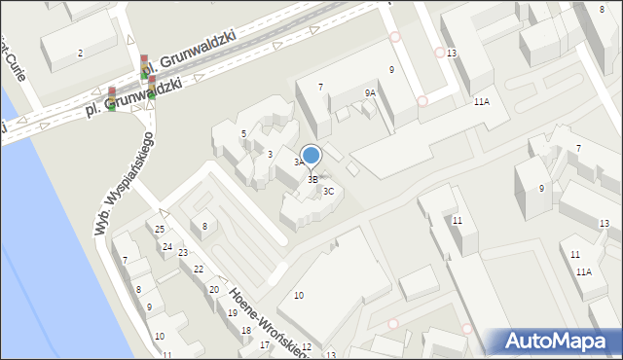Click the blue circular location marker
(311, 155)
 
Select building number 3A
(299, 162)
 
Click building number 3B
(312, 180)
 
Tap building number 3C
(329, 192)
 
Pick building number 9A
(370, 92)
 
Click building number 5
(243, 133)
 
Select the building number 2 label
(80, 52)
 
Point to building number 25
(160, 229)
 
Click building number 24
(167, 247)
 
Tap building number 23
(183, 253)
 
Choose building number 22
(198, 270)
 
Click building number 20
(213, 290)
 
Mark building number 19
(232, 313)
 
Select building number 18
(246, 331)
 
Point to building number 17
(264, 345)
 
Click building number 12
(306, 347)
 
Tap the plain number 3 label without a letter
(270, 155)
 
